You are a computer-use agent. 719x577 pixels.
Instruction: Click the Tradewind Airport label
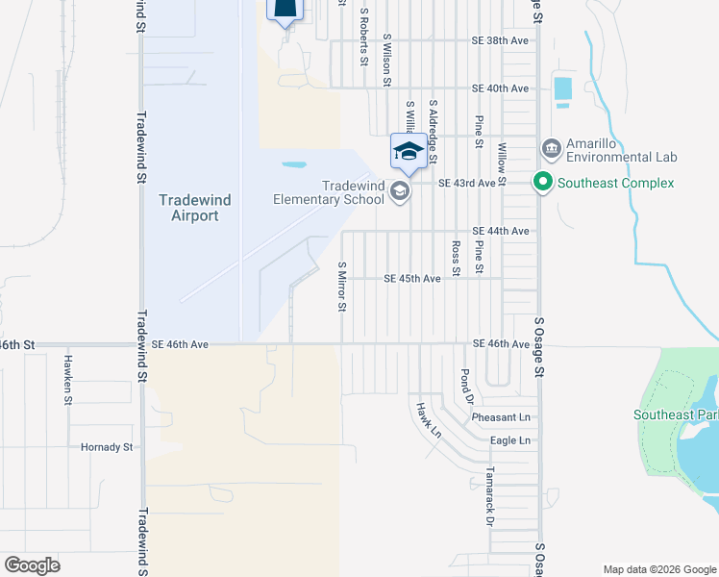click(x=188, y=208)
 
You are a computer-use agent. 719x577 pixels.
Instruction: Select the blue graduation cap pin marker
click(x=408, y=152)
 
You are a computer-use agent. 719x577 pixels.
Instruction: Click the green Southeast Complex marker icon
click(x=542, y=183)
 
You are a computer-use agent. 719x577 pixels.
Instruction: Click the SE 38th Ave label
click(x=500, y=41)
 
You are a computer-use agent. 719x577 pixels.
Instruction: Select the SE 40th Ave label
click(x=500, y=88)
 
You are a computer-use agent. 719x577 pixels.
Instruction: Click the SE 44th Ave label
click(x=500, y=232)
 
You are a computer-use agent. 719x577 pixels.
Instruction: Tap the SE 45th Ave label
click(x=411, y=279)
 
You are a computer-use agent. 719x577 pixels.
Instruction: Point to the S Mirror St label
click(x=341, y=287)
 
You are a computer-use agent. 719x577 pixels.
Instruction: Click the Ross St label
click(x=456, y=258)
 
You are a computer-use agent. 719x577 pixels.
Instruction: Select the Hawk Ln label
click(x=428, y=420)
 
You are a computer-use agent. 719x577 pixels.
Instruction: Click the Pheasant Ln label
click(x=501, y=418)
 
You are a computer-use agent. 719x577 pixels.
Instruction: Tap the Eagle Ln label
click(x=509, y=440)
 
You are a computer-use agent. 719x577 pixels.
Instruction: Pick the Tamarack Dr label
click(x=489, y=496)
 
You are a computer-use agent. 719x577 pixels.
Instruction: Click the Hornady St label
click(x=107, y=447)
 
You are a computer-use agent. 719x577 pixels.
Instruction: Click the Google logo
click(x=32, y=564)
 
